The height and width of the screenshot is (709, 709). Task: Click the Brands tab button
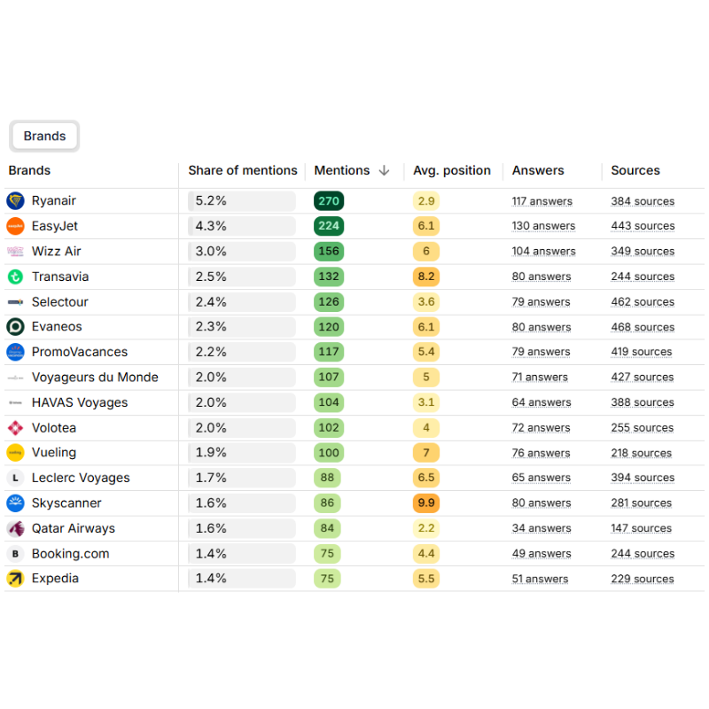[44, 136]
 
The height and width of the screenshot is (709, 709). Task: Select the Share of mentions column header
[242, 171]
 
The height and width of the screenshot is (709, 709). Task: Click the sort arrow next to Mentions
[384, 171]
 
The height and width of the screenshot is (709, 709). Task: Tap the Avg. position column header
[451, 171]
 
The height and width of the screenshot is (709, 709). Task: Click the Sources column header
[635, 171]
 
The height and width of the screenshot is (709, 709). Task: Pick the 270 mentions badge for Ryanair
[329, 201]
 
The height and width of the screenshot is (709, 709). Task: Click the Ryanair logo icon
[15, 201]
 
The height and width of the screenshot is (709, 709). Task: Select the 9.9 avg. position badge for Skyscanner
[426, 503]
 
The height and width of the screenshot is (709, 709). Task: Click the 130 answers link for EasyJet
[543, 226]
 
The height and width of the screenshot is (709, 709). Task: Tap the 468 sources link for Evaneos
[642, 327]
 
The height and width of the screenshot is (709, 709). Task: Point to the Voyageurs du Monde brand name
[95, 378]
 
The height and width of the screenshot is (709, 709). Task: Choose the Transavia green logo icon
[15, 277]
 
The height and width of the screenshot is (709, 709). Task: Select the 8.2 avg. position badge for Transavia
[426, 277]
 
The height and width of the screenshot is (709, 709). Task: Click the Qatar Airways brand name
[74, 528]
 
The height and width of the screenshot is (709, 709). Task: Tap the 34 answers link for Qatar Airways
[541, 528]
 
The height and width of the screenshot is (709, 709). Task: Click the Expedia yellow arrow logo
[15, 579]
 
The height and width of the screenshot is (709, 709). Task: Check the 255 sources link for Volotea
[642, 428]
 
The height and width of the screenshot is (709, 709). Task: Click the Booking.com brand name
[71, 554]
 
